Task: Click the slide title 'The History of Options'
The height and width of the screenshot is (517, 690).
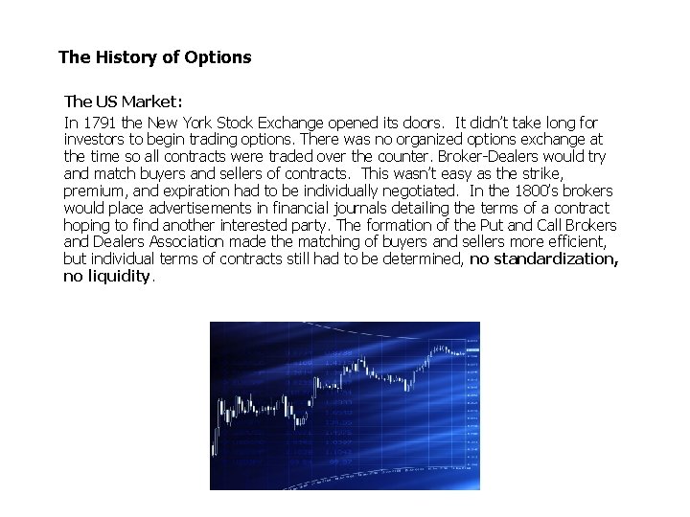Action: click(154, 57)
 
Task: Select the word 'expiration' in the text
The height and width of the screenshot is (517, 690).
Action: click(196, 191)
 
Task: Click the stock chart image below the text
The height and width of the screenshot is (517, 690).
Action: click(345, 405)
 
